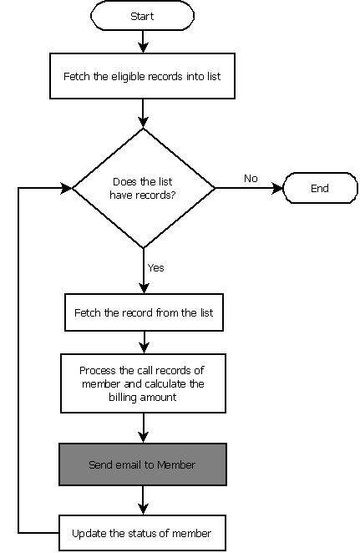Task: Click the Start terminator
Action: click(143, 16)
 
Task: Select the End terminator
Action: click(320, 188)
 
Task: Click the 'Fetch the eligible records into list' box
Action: click(143, 75)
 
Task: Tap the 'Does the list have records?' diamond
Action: click(144, 188)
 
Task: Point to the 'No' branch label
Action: click(250, 178)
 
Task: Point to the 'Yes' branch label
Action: click(155, 268)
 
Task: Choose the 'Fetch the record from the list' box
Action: click(144, 312)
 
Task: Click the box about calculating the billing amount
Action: click(143, 383)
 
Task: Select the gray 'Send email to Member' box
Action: click(143, 464)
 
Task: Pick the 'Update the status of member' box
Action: click(142, 533)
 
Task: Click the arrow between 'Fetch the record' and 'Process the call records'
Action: click(144, 342)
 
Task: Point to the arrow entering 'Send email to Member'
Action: click(144, 428)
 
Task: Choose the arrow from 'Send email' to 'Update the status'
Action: click(144, 500)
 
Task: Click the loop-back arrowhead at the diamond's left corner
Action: click(67, 188)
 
